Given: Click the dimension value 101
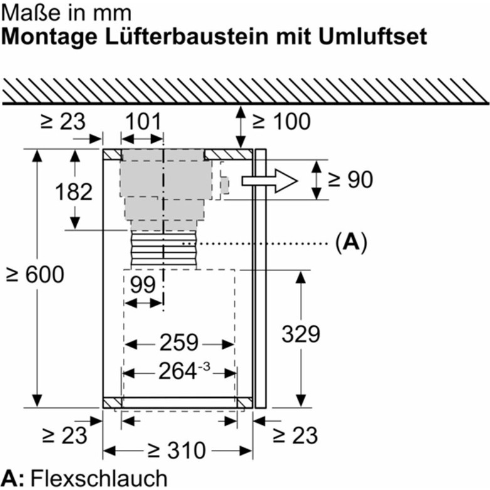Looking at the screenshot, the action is (x=144, y=121).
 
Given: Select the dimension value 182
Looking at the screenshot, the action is (x=74, y=191).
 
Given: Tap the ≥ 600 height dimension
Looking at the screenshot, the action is (x=35, y=274).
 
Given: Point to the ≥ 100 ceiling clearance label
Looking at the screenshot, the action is (x=281, y=121).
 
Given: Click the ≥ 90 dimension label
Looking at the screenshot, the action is (x=350, y=179).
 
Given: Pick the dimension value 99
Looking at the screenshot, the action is (x=143, y=284).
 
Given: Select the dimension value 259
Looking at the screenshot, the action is (x=179, y=343).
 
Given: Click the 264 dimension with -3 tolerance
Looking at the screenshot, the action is (x=184, y=371).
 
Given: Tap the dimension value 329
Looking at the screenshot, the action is (x=301, y=334).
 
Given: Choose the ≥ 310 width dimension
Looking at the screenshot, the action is (x=177, y=450).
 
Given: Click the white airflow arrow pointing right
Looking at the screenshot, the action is (x=269, y=181).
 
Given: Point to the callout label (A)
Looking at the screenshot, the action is (x=351, y=243).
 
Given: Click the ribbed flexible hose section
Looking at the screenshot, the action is (x=164, y=250).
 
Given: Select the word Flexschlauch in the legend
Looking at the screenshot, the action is (x=99, y=478).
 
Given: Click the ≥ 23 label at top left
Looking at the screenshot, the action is (x=63, y=121).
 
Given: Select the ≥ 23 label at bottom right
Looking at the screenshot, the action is (x=295, y=435).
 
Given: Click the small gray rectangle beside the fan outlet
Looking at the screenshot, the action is (x=225, y=185).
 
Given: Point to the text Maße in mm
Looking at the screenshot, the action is (x=66, y=13).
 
